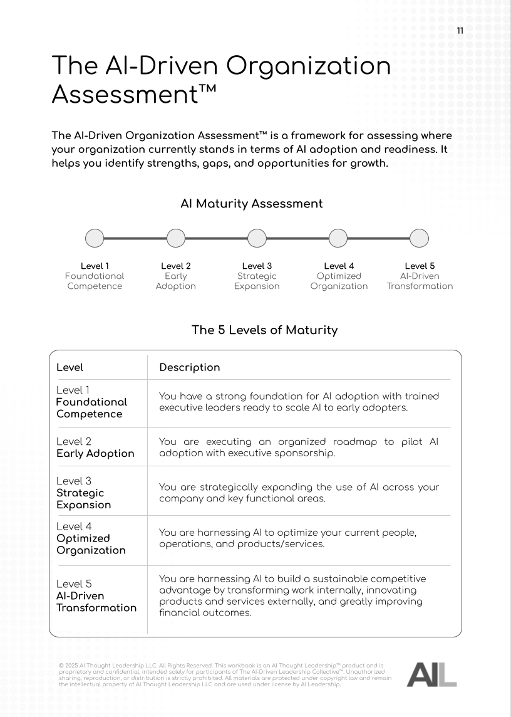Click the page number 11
tap(460, 31)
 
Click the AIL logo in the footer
tap(431, 673)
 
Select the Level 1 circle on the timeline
tap(95, 238)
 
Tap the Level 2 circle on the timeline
tap(176, 238)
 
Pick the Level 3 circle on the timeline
tap(257, 238)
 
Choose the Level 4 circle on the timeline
tap(338, 238)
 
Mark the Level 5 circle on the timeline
tap(419, 238)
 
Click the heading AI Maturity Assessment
tap(252, 204)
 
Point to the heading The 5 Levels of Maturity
tap(264, 330)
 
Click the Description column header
tap(190, 367)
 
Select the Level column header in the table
tap(70, 367)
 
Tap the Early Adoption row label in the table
tap(95, 447)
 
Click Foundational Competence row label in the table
tap(91, 402)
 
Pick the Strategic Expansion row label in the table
tap(84, 493)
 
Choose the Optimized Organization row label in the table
tap(91, 538)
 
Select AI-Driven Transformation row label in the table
tap(96, 596)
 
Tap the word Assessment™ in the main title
tap(134, 95)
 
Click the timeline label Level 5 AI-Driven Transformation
tap(420, 276)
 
